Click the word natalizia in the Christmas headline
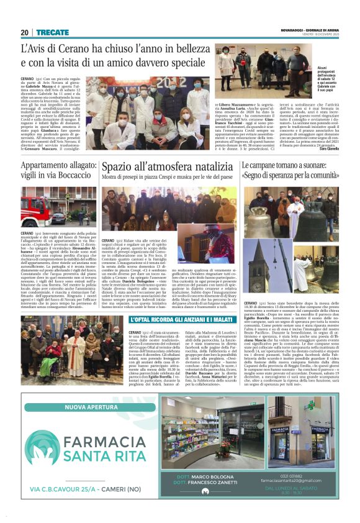click(197, 167)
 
